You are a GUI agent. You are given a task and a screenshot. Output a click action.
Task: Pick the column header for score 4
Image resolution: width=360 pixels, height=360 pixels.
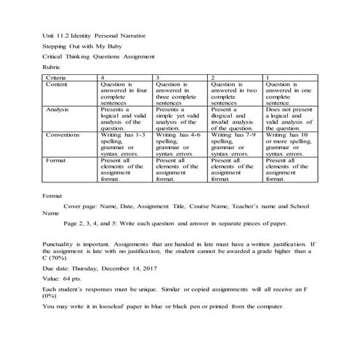tap(103, 76)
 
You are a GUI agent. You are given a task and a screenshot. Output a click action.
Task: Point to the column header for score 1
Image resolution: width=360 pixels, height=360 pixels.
tap(268, 76)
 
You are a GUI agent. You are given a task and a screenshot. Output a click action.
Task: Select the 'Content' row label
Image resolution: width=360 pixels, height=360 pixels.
tap(57, 84)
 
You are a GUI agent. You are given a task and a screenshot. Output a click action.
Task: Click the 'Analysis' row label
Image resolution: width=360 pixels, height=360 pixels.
tap(58, 110)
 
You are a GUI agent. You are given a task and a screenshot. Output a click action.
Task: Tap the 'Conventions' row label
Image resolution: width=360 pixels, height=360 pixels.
tap(63, 135)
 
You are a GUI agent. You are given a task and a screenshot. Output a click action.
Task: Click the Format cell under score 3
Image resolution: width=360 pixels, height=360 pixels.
tap(180, 167)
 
